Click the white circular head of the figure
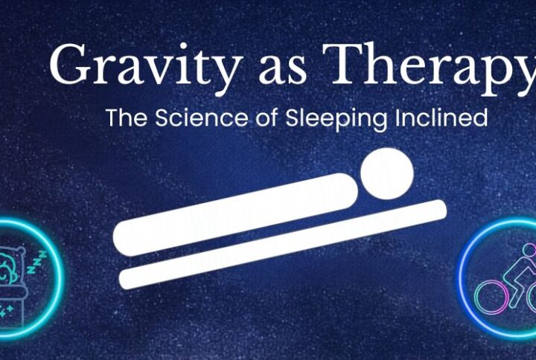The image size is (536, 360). [386, 174]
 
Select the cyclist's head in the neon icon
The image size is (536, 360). [529, 249]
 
